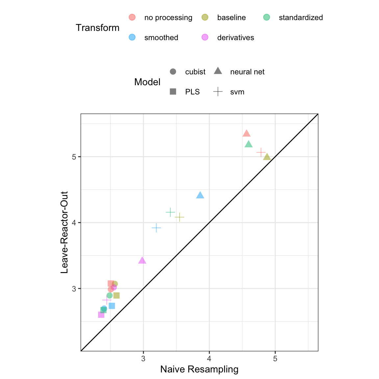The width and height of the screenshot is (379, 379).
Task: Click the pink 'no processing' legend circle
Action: (x=132, y=17)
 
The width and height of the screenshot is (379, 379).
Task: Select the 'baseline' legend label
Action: (x=231, y=18)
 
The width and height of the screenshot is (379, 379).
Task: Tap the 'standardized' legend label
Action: (x=301, y=18)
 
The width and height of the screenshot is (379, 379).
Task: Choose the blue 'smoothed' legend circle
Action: (x=132, y=37)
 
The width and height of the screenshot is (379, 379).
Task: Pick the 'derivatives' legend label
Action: (x=236, y=38)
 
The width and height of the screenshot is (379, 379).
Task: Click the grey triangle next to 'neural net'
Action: (x=218, y=71)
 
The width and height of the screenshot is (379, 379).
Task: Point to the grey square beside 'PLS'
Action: (x=173, y=92)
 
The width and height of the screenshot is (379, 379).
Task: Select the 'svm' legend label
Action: (x=237, y=92)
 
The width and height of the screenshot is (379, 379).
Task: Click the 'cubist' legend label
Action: (x=195, y=72)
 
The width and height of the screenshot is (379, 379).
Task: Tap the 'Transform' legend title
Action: (x=97, y=28)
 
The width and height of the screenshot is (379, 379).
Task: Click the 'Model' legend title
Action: (x=147, y=82)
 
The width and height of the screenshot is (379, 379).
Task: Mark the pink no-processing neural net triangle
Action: (x=247, y=134)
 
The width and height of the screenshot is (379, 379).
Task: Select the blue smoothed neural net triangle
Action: (x=200, y=195)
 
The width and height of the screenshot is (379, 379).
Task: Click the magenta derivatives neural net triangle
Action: (x=142, y=261)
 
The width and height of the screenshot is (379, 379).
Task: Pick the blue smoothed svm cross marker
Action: (x=156, y=228)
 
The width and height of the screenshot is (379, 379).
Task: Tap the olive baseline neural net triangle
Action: (x=267, y=157)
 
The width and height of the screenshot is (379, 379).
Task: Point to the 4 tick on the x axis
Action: (x=209, y=359)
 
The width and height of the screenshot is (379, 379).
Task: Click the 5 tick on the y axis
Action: (x=74, y=157)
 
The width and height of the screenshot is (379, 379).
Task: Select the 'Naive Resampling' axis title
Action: (x=199, y=369)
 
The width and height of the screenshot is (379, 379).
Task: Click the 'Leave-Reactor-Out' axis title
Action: (x=64, y=232)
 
